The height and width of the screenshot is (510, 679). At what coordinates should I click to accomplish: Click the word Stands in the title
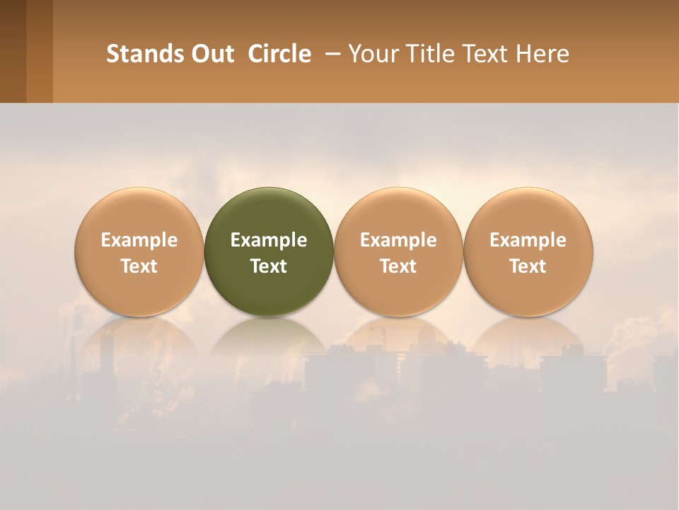[145, 54]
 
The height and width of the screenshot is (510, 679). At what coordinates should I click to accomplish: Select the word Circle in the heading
[279, 54]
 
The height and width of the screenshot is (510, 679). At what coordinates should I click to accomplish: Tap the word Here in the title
[542, 54]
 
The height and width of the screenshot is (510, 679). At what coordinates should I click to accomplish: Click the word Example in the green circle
[269, 240]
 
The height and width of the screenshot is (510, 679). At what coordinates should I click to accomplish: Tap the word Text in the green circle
[269, 266]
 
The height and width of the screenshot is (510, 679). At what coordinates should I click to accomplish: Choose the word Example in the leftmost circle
[139, 240]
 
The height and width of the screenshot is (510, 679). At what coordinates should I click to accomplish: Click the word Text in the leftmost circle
[139, 266]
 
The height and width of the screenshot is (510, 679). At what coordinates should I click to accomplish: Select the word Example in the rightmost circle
[528, 240]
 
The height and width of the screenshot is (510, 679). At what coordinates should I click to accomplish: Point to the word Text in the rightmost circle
[528, 266]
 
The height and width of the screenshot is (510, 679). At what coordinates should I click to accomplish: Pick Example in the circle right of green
[398, 240]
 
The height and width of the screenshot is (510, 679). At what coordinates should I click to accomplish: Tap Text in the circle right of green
[398, 266]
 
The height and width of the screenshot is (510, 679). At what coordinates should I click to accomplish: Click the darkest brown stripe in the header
[13, 51]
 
